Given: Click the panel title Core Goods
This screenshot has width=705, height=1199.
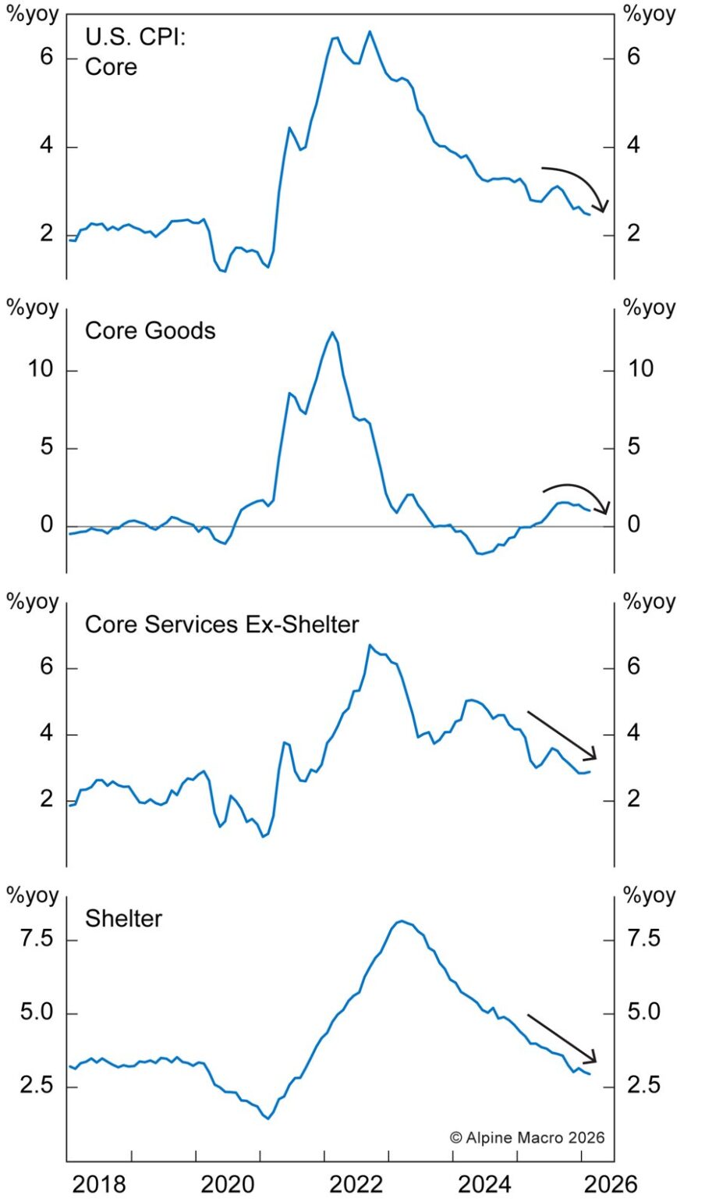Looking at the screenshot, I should [x=150, y=330].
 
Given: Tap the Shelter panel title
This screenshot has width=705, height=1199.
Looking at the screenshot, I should [x=123, y=918].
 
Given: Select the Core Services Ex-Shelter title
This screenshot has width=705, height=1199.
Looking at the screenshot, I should [x=221, y=624].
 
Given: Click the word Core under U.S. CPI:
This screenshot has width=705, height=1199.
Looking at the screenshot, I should [x=111, y=66].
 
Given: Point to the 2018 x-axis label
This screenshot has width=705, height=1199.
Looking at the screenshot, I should [x=99, y=1183].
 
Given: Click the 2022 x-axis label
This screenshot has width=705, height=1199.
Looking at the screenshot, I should [x=356, y=1183].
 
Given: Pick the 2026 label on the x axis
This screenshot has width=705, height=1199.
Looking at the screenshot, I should [x=611, y=1183].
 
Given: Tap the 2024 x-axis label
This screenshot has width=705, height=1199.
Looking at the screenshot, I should [x=484, y=1183].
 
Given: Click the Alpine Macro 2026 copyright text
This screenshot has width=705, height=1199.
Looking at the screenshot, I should [x=526, y=1137].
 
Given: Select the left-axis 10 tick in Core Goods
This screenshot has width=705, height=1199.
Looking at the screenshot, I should [x=41, y=369].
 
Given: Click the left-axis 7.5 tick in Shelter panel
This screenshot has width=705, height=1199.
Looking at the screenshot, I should [x=37, y=937].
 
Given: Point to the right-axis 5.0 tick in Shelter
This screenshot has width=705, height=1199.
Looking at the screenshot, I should [x=643, y=1012].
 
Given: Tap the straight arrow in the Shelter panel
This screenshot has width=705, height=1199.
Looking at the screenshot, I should [x=562, y=1038].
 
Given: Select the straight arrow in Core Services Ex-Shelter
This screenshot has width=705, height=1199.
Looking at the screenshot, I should [x=562, y=735].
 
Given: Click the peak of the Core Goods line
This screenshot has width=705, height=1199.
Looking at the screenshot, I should [x=333, y=333].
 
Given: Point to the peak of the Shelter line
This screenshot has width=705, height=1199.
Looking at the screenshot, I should [x=402, y=921].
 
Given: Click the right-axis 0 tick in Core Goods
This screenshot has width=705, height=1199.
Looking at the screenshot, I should [x=633, y=525].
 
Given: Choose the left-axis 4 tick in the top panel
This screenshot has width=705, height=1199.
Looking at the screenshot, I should [x=46, y=146].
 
